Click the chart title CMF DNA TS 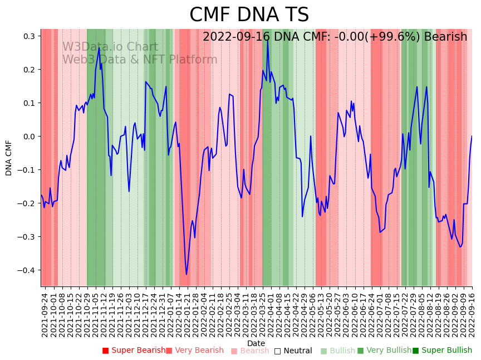coord(249,15)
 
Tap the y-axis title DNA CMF coord(9,158)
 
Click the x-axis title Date coord(256,343)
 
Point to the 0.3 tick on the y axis coord(30,36)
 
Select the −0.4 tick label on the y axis coord(28,270)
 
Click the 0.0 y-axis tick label coord(30,137)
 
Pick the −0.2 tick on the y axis coord(28,203)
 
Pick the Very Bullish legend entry coord(384,351)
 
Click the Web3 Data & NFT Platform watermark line coord(140,60)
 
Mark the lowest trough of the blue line coord(186,274)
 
